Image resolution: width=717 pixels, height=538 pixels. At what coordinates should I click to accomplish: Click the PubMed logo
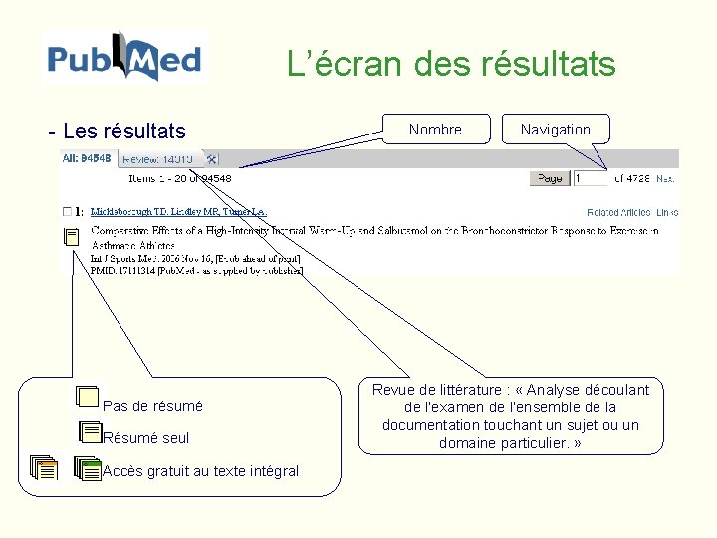tap(125, 57)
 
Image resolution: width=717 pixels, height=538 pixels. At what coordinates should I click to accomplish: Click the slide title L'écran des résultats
tap(451, 65)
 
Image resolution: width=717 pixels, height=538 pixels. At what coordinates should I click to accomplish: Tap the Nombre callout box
tap(435, 130)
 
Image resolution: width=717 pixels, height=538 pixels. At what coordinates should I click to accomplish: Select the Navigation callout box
tap(555, 130)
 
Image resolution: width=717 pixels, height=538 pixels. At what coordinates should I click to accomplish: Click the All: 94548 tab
tap(88, 158)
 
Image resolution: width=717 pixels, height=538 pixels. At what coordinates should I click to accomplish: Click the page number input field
tap(590, 178)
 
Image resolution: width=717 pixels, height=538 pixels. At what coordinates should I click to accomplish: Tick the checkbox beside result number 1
tap(67, 212)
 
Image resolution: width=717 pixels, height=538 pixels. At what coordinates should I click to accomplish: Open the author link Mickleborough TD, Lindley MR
tap(178, 212)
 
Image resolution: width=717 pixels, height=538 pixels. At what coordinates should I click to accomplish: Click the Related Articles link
tap(618, 212)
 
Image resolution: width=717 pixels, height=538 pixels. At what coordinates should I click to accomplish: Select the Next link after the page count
tap(666, 179)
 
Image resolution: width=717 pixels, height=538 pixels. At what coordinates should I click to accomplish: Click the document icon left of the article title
tap(70, 237)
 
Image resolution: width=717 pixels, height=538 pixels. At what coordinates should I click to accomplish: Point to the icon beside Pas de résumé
tap(88, 398)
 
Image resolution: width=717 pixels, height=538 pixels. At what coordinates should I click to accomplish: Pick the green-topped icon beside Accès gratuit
tap(88, 468)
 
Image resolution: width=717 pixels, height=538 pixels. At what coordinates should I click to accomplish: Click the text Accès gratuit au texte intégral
tap(200, 471)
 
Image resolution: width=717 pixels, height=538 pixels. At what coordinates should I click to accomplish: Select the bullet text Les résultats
tap(123, 131)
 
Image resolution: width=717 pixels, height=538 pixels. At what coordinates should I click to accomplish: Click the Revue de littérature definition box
tap(510, 415)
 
